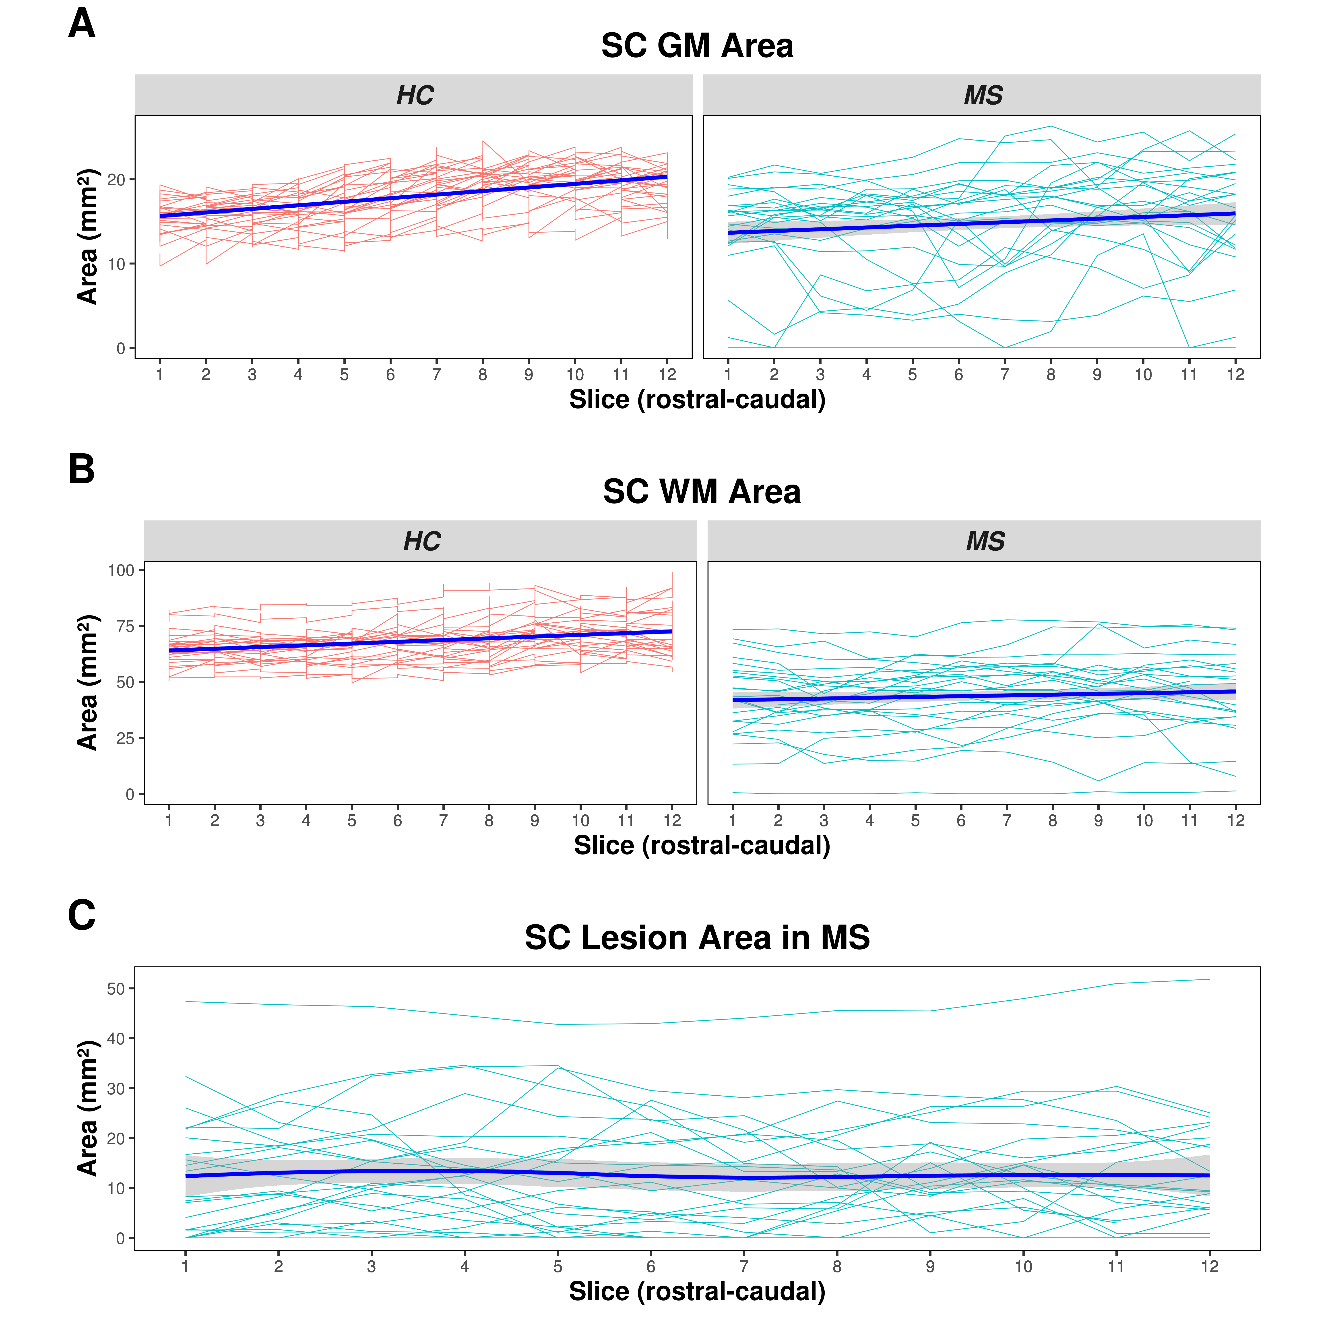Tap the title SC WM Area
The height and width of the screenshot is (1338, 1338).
(702, 492)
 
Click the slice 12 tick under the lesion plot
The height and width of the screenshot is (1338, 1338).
(1209, 1267)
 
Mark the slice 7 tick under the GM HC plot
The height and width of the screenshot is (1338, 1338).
(436, 375)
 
